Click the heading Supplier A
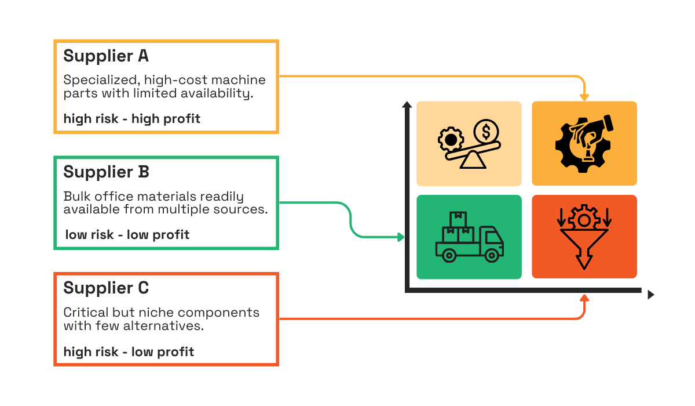106,56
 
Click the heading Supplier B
106,172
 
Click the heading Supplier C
106,288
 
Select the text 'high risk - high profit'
131,119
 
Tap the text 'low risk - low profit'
127,235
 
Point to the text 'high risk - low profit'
129,351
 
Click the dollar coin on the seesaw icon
485,130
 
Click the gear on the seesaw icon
449,140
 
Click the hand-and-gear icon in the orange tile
584,143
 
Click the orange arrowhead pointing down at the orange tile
584,97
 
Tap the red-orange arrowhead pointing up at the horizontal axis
584,299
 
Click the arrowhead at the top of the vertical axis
407,105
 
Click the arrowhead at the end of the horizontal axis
650,295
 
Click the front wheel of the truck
492,255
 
